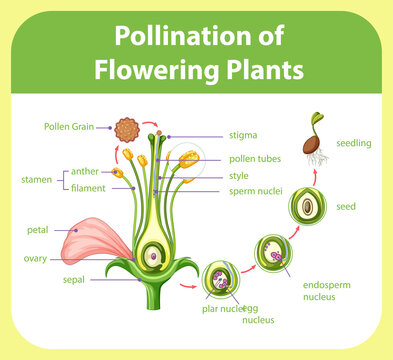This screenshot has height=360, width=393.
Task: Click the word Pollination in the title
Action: (173, 36)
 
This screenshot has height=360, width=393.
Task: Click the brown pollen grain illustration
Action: (125, 129)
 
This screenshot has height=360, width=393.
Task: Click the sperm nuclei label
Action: (255, 190)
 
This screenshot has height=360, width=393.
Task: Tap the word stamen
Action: (36, 180)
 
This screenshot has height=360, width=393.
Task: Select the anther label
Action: (85, 171)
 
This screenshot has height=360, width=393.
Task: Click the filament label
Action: (88, 187)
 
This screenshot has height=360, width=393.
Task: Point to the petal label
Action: (37, 230)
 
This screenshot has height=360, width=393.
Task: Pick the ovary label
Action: (35, 258)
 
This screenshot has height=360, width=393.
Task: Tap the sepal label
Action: (73, 279)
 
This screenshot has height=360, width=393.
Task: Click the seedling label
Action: (354, 143)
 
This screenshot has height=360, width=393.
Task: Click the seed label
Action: (346, 207)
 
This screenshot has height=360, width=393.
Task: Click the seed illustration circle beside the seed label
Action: (308, 207)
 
